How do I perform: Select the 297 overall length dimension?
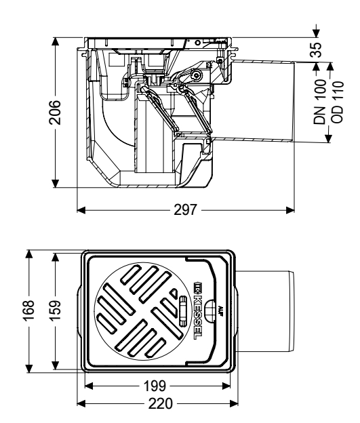(184, 209)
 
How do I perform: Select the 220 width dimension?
(158, 403)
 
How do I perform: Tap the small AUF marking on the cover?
(222, 310)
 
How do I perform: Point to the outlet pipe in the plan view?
(268, 310)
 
